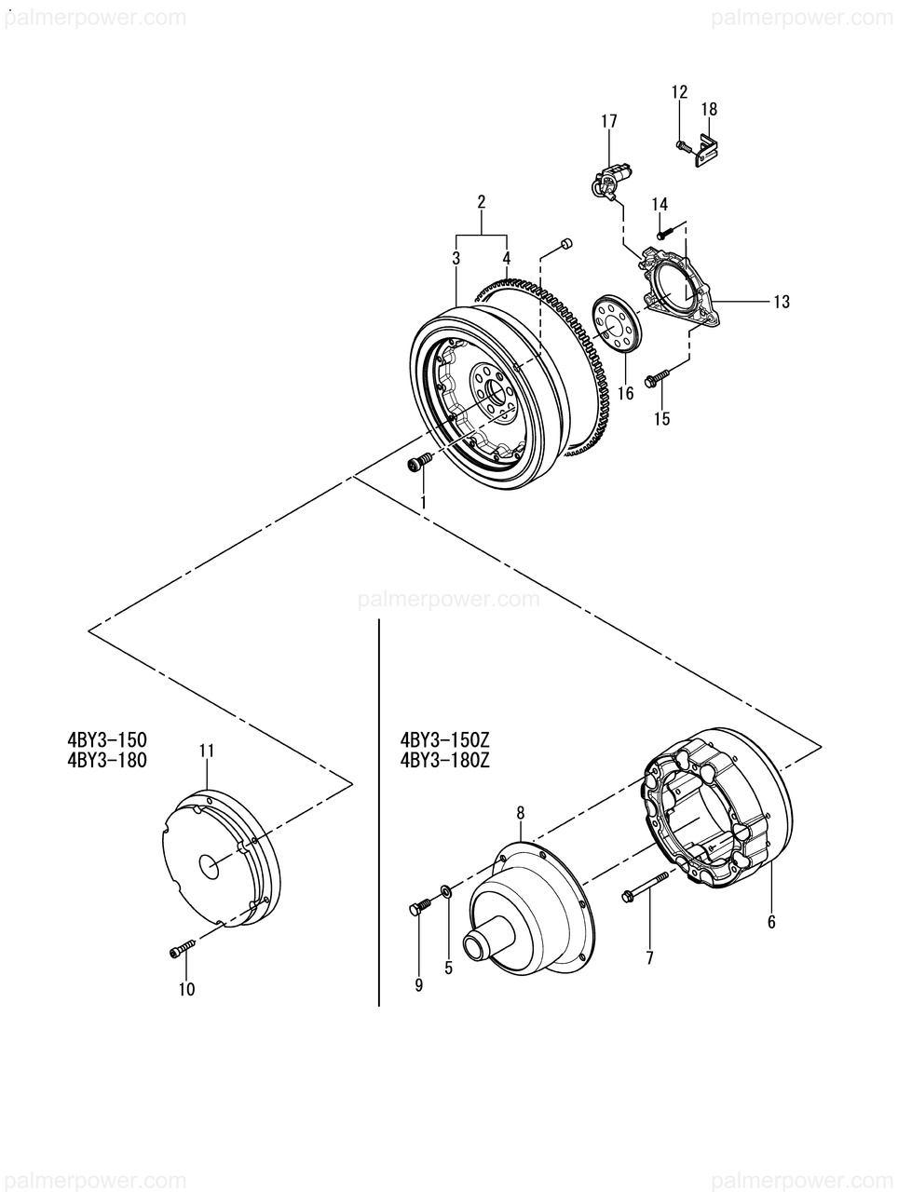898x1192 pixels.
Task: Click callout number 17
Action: [x=609, y=121]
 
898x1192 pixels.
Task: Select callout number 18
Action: [x=709, y=109]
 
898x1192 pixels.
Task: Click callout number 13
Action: [x=781, y=301]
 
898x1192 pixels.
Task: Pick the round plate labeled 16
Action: [x=615, y=322]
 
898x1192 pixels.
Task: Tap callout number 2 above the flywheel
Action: [x=482, y=201]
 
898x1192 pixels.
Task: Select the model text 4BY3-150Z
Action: [x=444, y=740]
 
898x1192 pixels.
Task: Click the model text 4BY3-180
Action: [x=107, y=759]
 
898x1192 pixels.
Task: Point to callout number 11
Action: [x=207, y=750]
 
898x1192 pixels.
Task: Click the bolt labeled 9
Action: [x=418, y=908]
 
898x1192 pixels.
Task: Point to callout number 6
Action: [x=771, y=922]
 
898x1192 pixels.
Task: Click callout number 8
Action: [x=521, y=813]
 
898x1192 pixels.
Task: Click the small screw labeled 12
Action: [x=682, y=145]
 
